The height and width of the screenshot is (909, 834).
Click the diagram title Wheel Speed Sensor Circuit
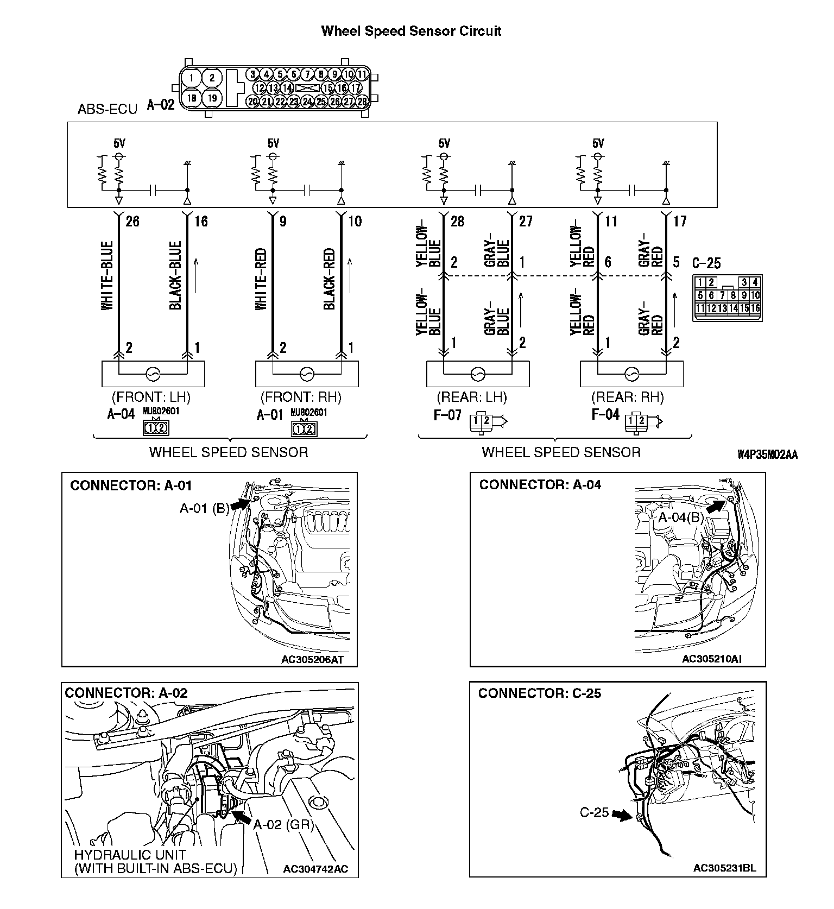pyautogui.click(x=411, y=31)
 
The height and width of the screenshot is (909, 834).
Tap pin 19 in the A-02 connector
pyautogui.click(x=212, y=98)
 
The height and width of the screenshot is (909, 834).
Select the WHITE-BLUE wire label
pyautogui.click(x=108, y=276)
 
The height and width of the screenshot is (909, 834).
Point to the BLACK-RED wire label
pyautogui.click(x=330, y=279)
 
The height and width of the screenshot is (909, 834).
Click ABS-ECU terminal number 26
pyautogui.click(x=132, y=221)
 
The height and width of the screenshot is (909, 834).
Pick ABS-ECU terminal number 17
pyautogui.click(x=679, y=221)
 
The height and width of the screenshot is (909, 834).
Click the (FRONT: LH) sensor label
pyautogui.click(x=151, y=397)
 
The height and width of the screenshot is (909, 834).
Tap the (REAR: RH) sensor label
pyautogui.click(x=627, y=397)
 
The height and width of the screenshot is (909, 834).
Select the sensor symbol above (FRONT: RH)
pyautogui.click(x=306, y=374)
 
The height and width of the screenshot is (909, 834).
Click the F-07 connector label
pyautogui.click(x=447, y=415)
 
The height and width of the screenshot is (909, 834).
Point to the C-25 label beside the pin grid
pyautogui.click(x=706, y=263)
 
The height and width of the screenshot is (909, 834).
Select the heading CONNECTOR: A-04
pyautogui.click(x=540, y=485)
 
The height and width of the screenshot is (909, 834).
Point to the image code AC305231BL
pyautogui.click(x=724, y=868)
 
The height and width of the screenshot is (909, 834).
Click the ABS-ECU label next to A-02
pyautogui.click(x=108, y=109)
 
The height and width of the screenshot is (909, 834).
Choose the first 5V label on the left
pyautogui.click(x=119, y=143)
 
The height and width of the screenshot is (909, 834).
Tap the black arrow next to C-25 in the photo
pyautogui.click(x=621, y=815)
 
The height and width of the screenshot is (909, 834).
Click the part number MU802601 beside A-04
pyautogui.click(x=161, y=412)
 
